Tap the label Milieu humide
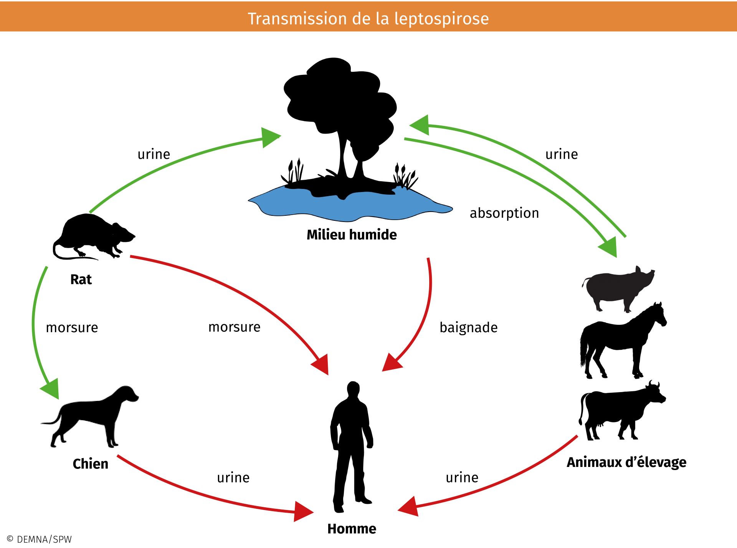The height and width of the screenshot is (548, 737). pos(352,235)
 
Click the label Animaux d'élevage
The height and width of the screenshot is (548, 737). pos(626,462)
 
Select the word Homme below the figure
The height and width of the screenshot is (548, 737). pos(352,529)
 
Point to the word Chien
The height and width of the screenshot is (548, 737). pos(91,464)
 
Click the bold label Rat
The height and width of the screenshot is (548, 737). pos(81,280)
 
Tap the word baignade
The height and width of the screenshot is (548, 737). pos(468,328)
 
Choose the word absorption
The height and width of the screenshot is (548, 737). pos(504,213)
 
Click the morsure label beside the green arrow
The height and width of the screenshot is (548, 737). pos(72,328)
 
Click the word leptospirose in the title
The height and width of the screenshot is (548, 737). pos(441,18)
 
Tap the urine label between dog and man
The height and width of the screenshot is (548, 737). pos(233,478)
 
